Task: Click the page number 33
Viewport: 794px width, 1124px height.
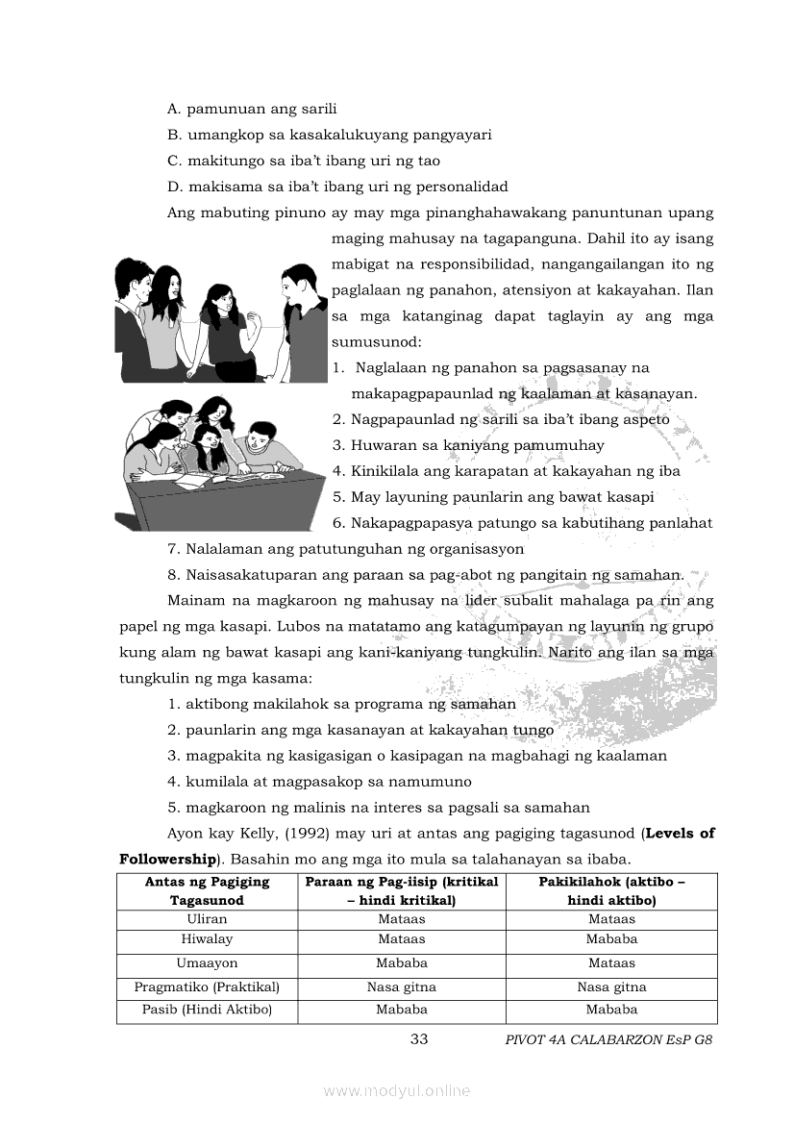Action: (x=418, y=1039)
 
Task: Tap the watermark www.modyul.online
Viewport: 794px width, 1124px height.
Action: (x=397, y=1090)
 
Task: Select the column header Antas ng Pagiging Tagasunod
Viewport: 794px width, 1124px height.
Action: (x=207, y=891)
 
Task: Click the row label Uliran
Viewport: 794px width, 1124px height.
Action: (x=207, y=919)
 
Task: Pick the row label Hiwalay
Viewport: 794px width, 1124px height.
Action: (x=207, y=939)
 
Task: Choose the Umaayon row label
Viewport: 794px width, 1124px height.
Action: (x=207, y=963)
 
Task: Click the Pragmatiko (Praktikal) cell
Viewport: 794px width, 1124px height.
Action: (x=207, y=987)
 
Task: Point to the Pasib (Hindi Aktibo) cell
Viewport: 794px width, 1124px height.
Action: (x=207, y=1011)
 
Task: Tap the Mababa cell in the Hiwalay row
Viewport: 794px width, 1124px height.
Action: (x=611, y=939)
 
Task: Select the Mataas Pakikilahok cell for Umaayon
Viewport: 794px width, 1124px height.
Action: (x=611, y=963)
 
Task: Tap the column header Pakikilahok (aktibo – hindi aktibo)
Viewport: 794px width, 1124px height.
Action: (x=611, y=891)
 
